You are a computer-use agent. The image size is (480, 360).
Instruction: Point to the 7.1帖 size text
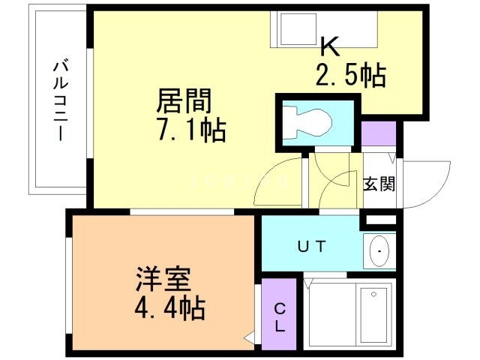point(189,131)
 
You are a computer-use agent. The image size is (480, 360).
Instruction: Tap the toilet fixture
point(310,121)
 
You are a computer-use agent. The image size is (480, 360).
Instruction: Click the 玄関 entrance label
point(379,184)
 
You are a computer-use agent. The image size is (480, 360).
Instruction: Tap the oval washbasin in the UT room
point(381,249)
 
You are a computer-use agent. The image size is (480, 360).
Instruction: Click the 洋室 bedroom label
point(162,281)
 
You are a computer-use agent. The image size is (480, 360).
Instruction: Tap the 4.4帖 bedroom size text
point(169,308)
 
